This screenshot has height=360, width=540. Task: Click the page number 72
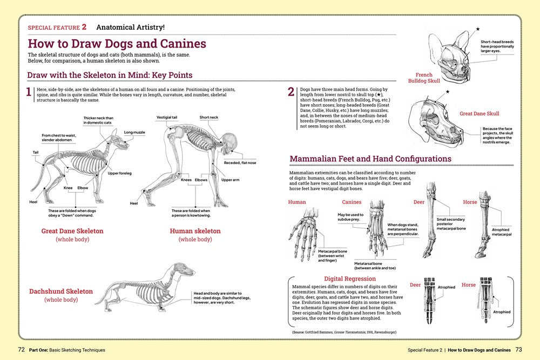point(22,349)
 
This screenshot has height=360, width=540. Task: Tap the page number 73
point(518,349)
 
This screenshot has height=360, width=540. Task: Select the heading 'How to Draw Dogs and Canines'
point(117,44)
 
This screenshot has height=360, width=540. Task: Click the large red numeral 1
point(29,92)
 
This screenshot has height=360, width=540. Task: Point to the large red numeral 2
point(291,92)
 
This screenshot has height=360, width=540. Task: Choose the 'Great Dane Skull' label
point(480,114)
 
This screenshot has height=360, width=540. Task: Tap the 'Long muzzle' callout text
point(135,132)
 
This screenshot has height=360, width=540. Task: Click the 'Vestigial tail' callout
point(167,117)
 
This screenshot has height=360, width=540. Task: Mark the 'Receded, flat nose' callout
point(240,162)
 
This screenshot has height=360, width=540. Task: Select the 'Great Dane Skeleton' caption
point(72,231)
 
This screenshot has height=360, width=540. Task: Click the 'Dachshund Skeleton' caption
point(61,291)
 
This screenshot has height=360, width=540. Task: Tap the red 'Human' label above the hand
point(297,202)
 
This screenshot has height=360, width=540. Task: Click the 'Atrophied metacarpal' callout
point(502,232)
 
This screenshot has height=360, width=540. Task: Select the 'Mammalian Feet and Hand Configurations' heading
point(370,159)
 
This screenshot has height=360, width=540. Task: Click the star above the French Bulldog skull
point(477,29)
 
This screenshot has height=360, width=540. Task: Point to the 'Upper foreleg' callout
point(120,173)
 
